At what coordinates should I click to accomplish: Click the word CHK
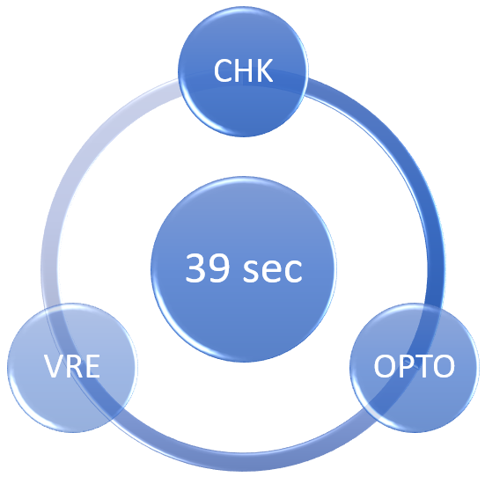[244, 70]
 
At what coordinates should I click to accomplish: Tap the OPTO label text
[415, 366]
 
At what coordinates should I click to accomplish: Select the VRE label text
[72, 366]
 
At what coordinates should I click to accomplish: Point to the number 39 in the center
[207, 268]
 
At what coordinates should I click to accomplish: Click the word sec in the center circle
[273, 270]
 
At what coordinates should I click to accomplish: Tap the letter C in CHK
[223, 70]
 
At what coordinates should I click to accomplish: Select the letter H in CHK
[245, 70]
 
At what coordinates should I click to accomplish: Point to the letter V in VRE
[53, 366]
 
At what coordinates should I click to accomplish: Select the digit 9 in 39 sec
[218, 268]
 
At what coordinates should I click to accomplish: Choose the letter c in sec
[293, 271]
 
